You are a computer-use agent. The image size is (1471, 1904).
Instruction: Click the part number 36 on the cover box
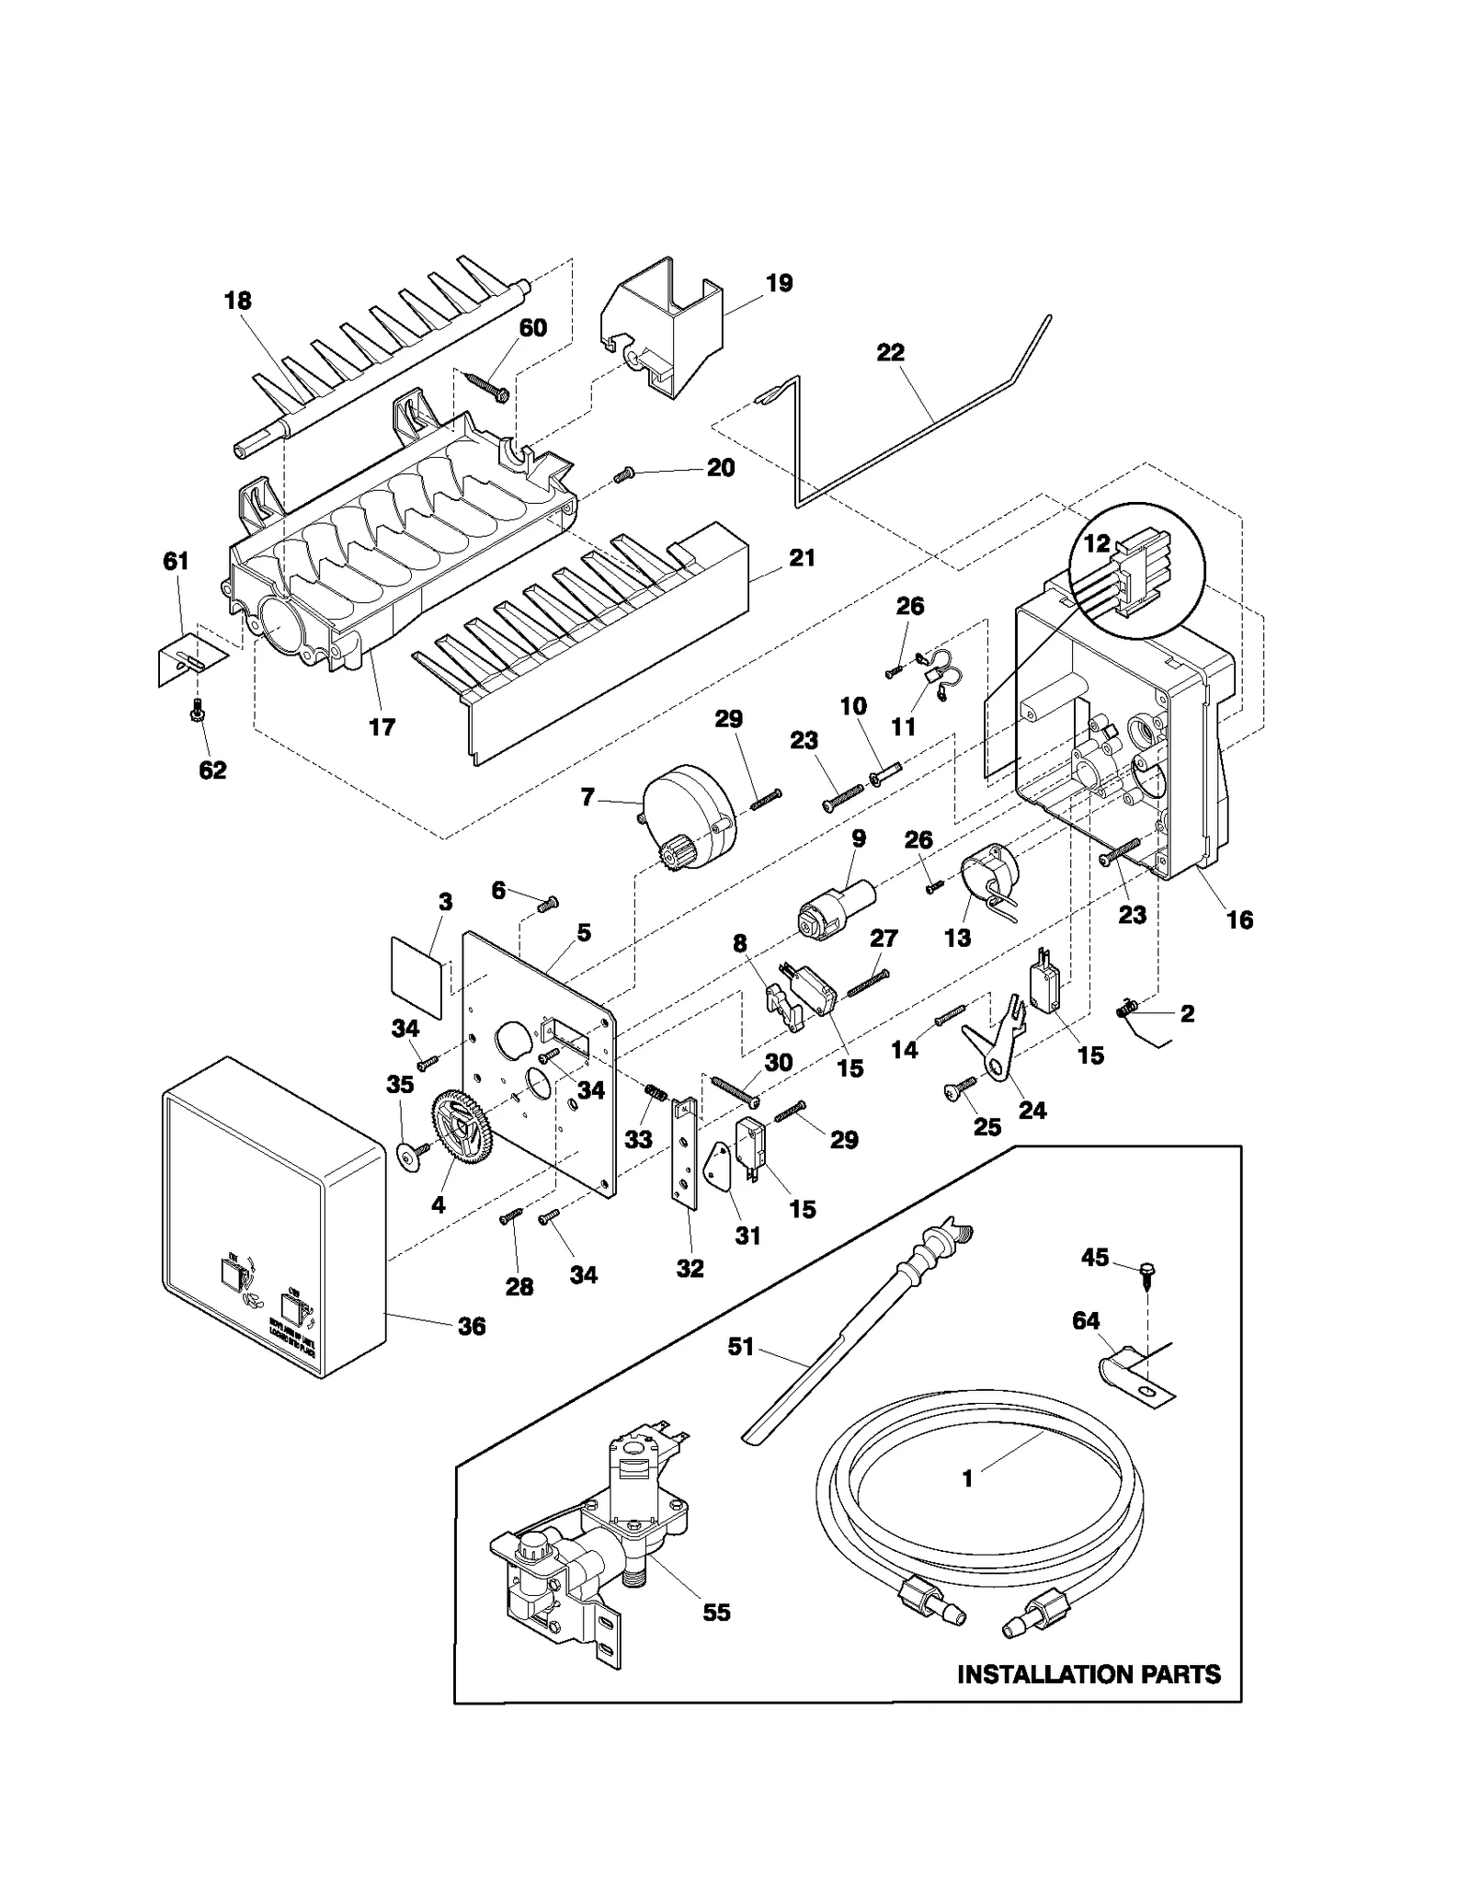pyautogui.click(x=472, y=1326)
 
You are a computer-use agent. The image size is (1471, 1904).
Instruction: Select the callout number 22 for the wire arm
pyautogui.click(x=890, y=352)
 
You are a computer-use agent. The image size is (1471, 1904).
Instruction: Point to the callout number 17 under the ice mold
pyautogui.click(x=382, y=727)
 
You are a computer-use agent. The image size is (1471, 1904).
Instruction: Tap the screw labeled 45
pyautogui.click(x=1147, y=1271)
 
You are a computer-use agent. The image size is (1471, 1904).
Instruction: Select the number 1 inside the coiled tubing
pyautogui.click(x=967, y=1479)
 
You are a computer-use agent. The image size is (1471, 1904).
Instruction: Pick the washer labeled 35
pyautogui.click(x=405, y=1155)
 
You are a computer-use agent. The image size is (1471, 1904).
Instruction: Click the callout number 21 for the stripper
pyautogui.click(x=802, y=558)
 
